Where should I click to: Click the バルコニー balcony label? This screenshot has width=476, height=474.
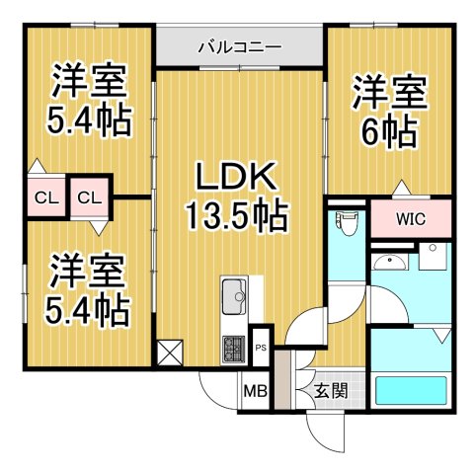[240, 45]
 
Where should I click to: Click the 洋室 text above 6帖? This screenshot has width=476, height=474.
[388, 95]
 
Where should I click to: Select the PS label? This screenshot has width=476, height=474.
[261, 348]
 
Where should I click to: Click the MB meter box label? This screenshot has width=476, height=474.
[255, 390]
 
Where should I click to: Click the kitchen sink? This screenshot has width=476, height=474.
[234, 293]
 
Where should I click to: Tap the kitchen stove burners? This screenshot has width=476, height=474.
[235, 349]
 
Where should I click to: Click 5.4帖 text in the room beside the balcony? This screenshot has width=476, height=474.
[87, 120]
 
